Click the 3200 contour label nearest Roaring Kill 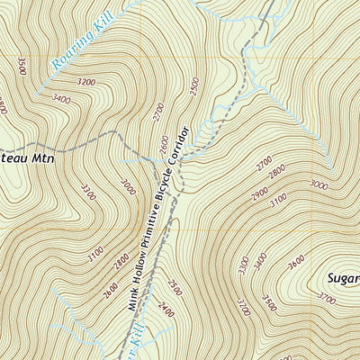(86, 82)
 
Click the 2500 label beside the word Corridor (194, 87)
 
